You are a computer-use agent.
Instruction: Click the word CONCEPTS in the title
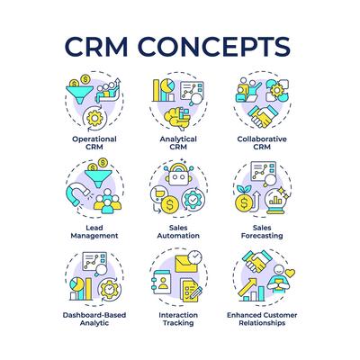pos(214,47)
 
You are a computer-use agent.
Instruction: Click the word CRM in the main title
pos(96,47)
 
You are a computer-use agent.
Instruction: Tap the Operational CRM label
pos(94,143)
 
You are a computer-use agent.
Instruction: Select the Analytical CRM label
pos(178,143)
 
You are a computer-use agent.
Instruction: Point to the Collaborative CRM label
pos(262,143)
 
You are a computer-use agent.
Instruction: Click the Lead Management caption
pos(94,231)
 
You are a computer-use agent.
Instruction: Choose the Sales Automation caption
pos(178,231)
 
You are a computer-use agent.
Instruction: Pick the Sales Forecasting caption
pos(262,232)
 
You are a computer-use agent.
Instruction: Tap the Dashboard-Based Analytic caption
pos(94,319)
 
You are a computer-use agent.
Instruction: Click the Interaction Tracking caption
pos(178,319)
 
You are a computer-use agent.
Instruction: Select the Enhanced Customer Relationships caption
pos(262,319)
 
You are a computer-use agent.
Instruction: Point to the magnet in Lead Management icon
pos(77,193)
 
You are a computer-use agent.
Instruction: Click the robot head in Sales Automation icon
pos(178,175)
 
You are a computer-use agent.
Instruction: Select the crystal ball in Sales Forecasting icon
pos(275,202)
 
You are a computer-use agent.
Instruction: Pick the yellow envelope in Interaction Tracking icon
pos(185,264)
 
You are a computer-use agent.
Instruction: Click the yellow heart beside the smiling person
pos(290,273)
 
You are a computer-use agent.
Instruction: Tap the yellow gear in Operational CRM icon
pos(94,119)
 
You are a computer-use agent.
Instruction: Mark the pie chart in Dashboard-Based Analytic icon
pos(77,284)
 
